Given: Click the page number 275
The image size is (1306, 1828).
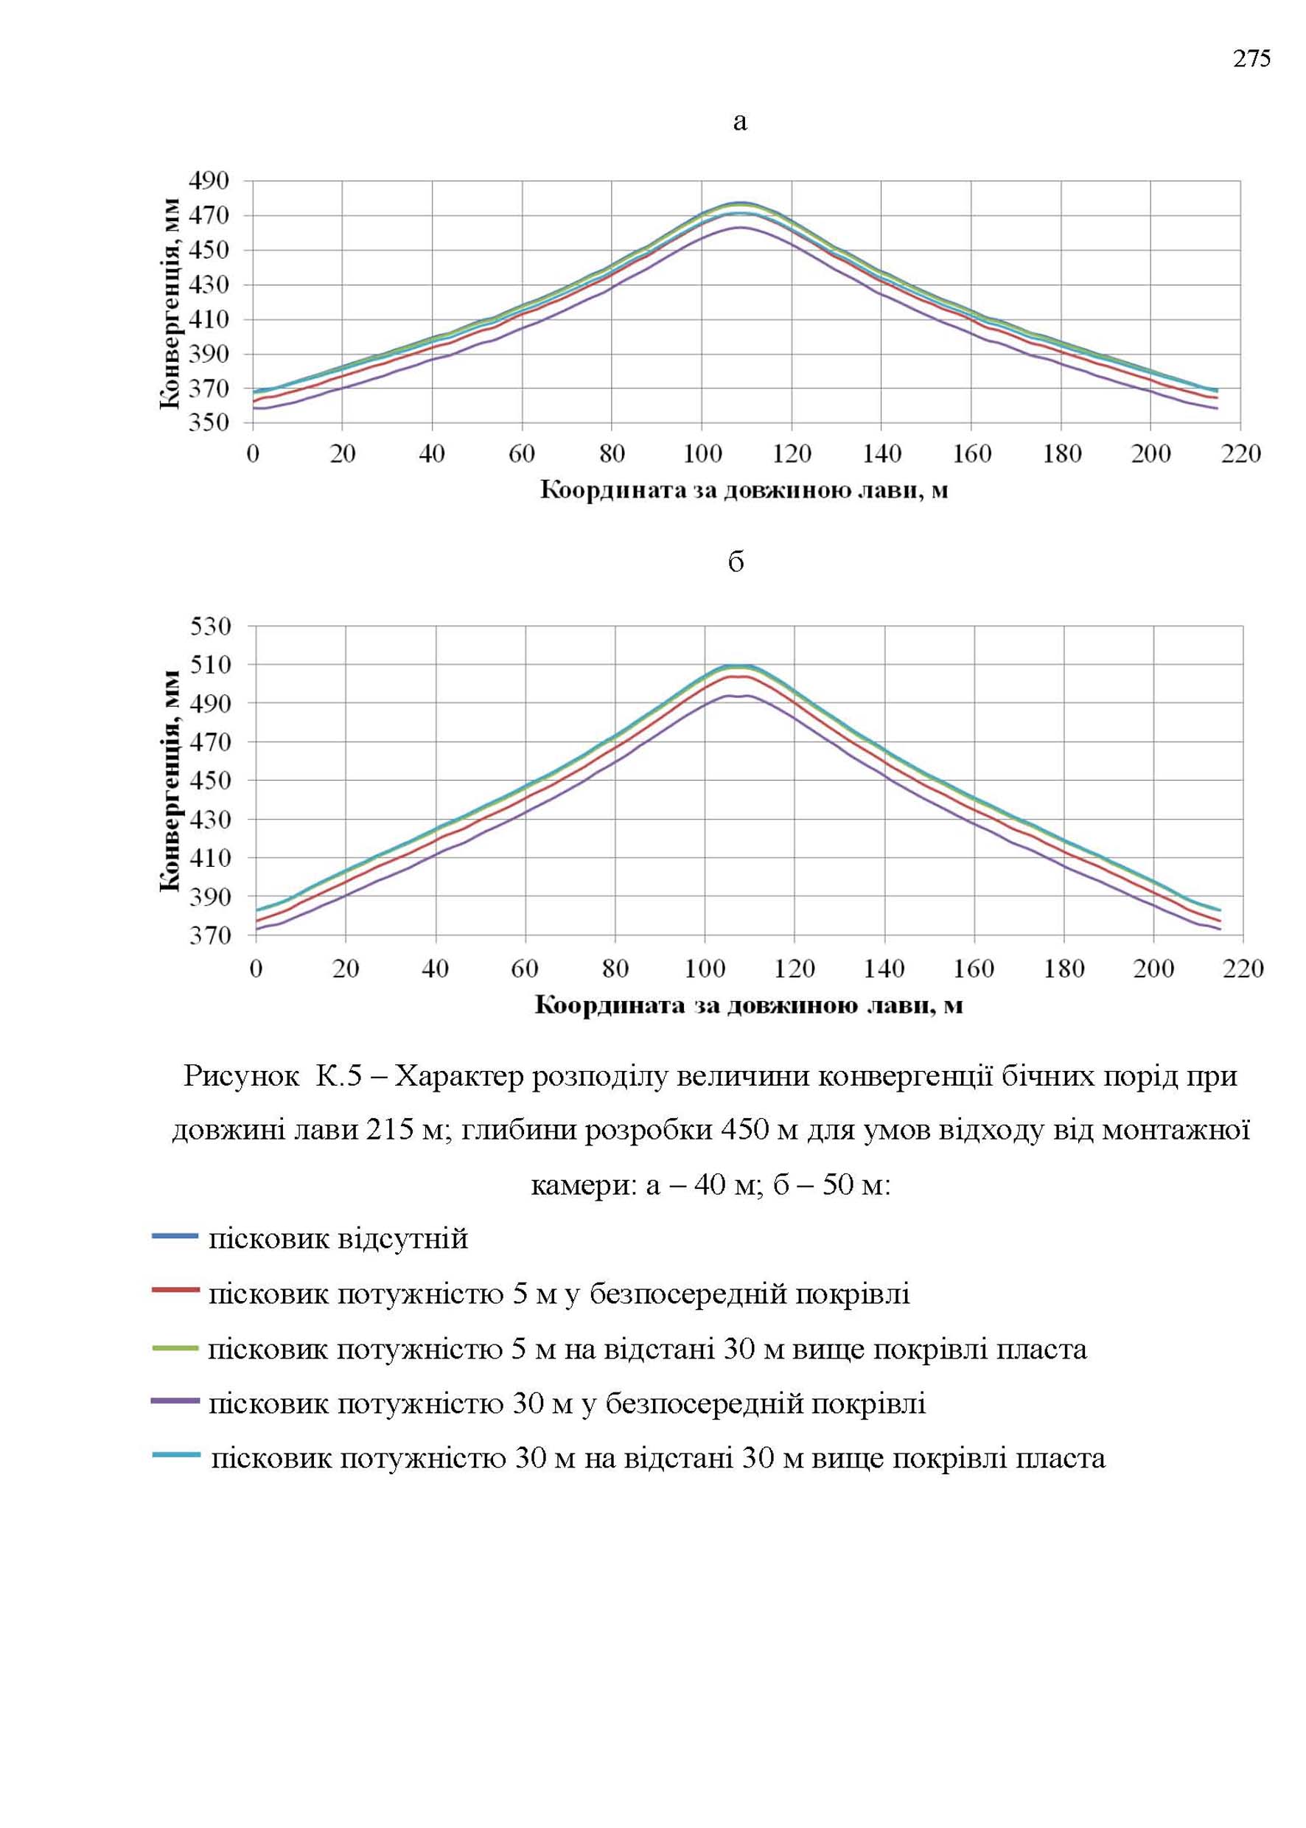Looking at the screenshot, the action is pyautogui.click(x=1252, y=59).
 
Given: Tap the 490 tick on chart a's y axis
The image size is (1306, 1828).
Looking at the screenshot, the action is pyautogui.click(x=209, y=181).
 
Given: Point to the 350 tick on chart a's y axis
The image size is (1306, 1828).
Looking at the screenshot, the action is pyautogui.click(x=209, y=423).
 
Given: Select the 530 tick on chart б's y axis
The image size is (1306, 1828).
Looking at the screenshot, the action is pyautogui.click(x=211, y=626).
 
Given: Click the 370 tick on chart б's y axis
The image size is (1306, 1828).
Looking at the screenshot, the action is pyautogui.click(x=211, y=935).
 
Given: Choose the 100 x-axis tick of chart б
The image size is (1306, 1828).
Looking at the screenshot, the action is pyautogui.click(x=705, y=969).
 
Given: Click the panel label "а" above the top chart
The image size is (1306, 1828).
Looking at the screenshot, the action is pyautogui.click(x=740, y=122).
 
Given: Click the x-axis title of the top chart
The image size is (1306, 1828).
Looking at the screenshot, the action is pyautogui.click(x=744, y=491).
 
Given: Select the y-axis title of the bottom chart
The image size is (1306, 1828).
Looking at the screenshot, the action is pyautogui.click(x=170, y=780).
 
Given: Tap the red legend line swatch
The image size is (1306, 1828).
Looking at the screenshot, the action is pyautogui.click(x=175, y=1290).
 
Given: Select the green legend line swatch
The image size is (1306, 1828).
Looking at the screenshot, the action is pyautogui.click(x=175, y=1345).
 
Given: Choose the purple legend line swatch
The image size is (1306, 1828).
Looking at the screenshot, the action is pyautogui.click(x=175, y=1400).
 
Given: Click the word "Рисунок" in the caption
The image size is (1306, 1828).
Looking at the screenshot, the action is pyautogui.click(x=241, y=1077).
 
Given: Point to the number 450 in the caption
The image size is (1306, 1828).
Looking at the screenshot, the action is pyautogui.click(x=748, y=1131).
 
